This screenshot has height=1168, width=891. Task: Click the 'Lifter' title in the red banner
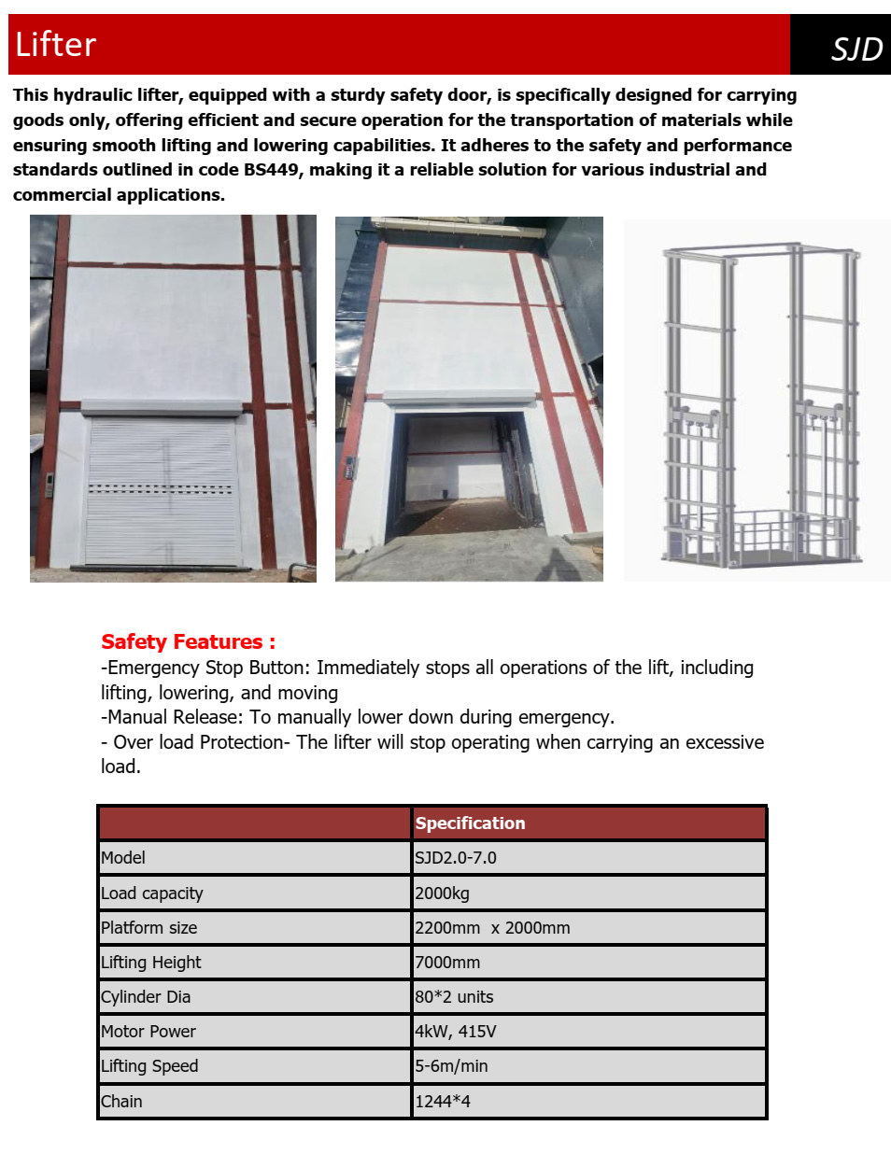coord(56,45)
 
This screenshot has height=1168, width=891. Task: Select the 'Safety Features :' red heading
coord(188,641)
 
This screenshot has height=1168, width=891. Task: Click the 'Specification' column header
coord(470,823)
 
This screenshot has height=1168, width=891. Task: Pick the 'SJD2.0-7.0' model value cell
coord(456,858)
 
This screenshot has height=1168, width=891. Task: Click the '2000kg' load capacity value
coord(443,894)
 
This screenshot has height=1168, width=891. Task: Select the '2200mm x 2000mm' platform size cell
coord(492,928)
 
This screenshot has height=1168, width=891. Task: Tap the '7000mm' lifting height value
coord(447,963)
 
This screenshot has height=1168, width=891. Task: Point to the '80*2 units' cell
coord(454,997)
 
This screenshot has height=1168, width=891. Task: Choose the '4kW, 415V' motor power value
coord(456,1032)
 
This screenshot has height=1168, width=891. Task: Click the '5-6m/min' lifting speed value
coord(451,1066)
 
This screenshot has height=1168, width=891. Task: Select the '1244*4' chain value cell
coord(443,1102)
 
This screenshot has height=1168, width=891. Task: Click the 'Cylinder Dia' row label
coord(146,997)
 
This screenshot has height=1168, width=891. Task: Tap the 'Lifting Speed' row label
coord(149,1066)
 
